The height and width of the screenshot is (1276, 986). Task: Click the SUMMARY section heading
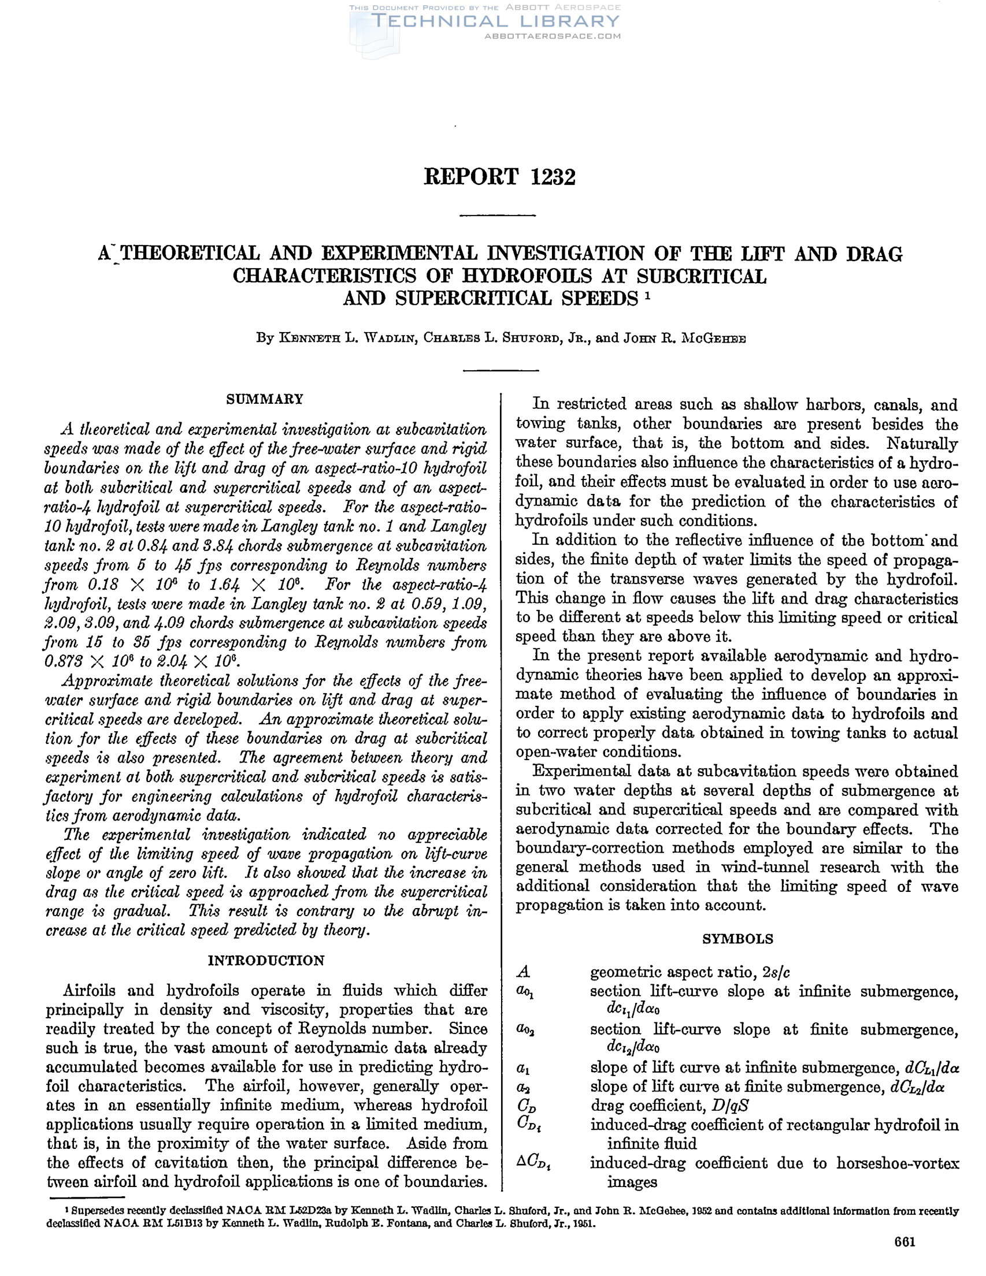point(265,399)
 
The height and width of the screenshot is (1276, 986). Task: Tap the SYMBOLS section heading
point(737,939)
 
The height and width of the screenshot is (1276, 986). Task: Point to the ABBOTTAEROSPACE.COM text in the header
point(553,36)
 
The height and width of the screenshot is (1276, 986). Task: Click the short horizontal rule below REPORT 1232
point(498,216)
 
